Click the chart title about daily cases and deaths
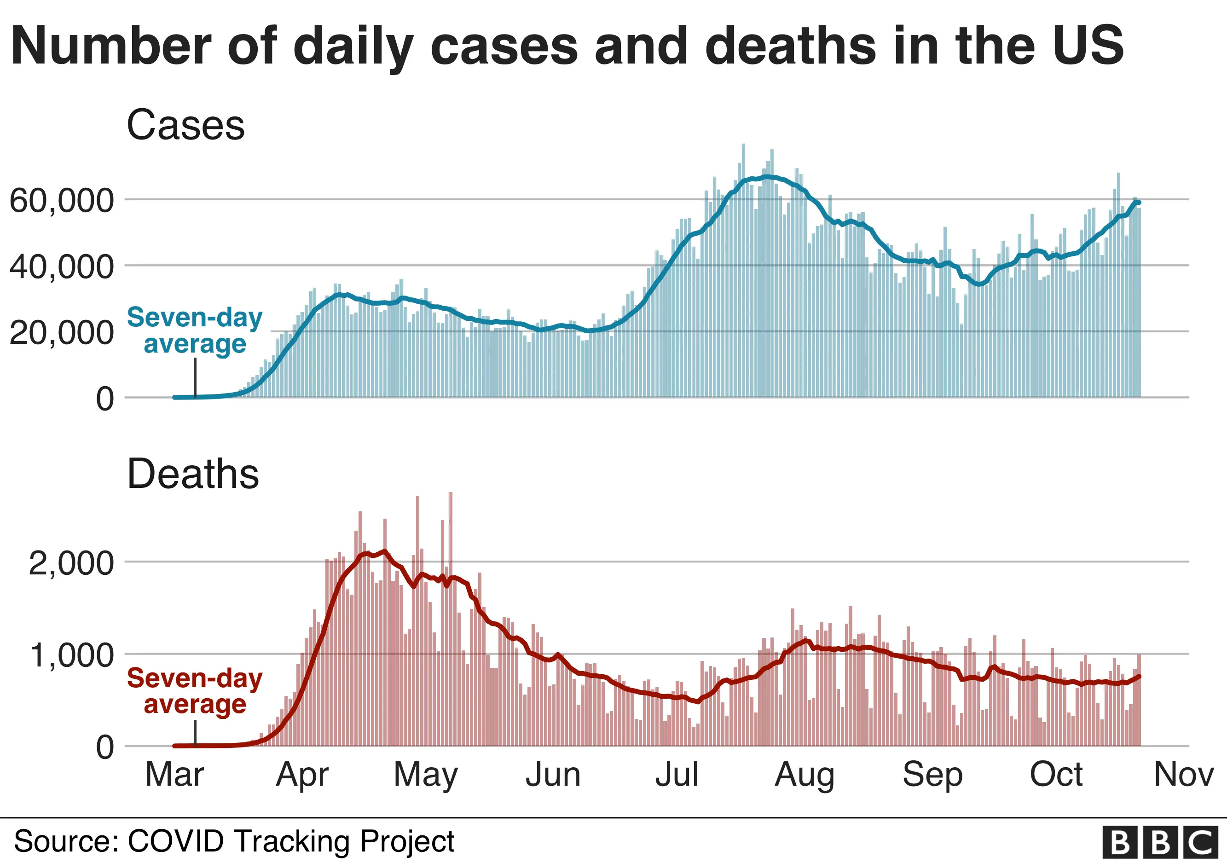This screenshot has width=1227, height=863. tap(567, 46)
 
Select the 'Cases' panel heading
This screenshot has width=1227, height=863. tap(185, 125)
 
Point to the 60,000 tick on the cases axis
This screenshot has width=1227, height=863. tap(62, 200)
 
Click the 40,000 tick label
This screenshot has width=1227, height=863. tap(62, 266)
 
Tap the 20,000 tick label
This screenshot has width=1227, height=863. tap(62, 332)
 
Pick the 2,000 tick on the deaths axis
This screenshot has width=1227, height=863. tap(71, 563)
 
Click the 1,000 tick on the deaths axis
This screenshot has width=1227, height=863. tap(71, 655)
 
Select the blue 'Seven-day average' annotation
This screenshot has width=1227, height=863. tap(195, 330)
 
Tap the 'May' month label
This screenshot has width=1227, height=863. tap(425, 775)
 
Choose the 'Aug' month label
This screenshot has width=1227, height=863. tap(804, 775)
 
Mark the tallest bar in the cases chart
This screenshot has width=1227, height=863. tap(743, 267)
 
